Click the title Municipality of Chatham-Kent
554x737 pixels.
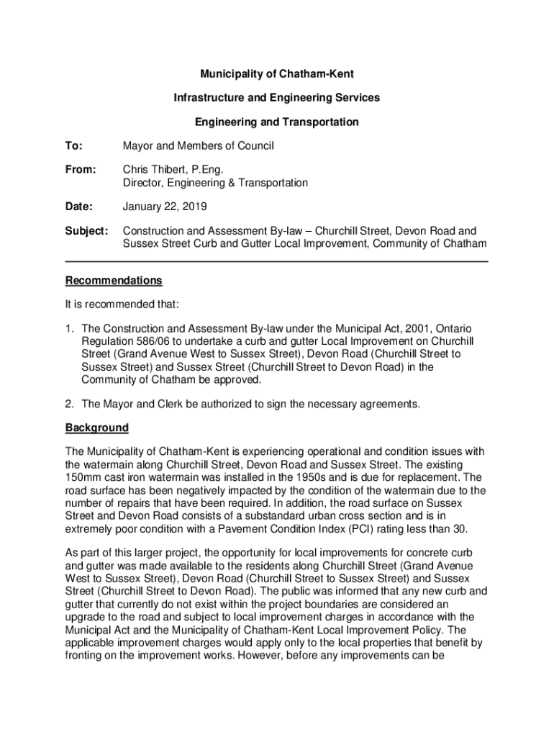coord(277,73)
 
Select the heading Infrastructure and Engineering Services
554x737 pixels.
coord(277,97)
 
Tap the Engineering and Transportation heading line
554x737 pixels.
coord(277,122)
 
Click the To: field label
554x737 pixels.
coord(73,146)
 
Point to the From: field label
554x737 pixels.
coord(80,170)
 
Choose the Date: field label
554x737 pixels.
coord(79,207)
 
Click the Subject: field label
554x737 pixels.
coord(86,231)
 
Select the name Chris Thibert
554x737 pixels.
coord(152,170)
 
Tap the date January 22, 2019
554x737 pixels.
coord(165,207)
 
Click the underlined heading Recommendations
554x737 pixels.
coord(114,280)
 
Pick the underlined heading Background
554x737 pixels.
coord(97,428)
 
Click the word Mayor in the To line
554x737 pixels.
coord(139,146)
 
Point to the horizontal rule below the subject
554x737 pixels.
coord(277,260)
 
